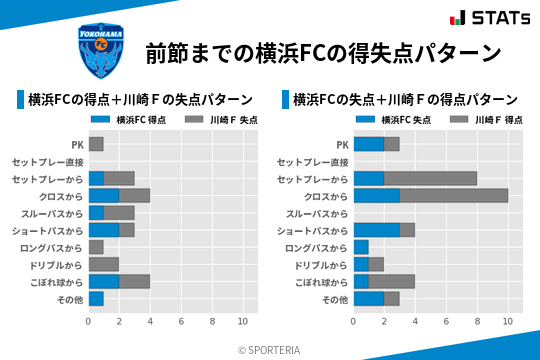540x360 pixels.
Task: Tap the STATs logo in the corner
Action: coord(489,17)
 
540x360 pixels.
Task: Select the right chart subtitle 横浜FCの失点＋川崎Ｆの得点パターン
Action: coord(404,100)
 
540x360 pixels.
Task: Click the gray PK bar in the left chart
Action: coord(96,144)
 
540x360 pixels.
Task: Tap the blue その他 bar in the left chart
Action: coord(96,298)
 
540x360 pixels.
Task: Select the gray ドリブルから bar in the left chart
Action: coord(103,264)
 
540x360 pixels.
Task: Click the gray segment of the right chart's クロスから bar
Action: coord(454,196)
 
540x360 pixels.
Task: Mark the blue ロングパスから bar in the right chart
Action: coord(361,247)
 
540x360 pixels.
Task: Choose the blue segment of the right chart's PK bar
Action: coord(369,144)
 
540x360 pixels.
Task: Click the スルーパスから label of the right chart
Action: coord(317,213)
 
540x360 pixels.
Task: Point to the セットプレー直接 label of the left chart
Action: coord(48,162)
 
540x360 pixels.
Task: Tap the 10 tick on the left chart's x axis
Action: coord(242,321)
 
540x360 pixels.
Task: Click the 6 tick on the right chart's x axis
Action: coord(446,321)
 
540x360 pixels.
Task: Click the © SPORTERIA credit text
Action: coord(270,349)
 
